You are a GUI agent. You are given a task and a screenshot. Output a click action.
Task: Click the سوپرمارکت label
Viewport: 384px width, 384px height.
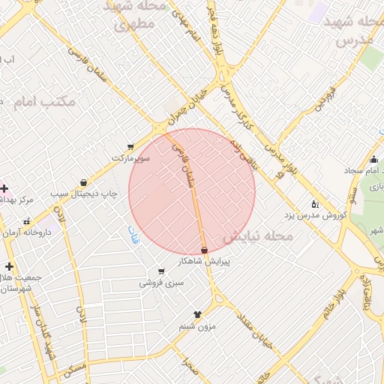click(x=131, y=158)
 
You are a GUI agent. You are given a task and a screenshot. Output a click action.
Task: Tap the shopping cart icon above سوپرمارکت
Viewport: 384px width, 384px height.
click(x=131, y=147)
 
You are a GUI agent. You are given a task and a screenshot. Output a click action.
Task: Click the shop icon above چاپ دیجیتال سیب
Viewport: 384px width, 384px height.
click(x=83, y=182)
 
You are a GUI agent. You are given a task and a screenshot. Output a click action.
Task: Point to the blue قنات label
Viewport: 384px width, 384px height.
click(x=134, y=233)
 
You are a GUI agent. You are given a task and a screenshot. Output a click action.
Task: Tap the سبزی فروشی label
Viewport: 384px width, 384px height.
click(x=160, y=283)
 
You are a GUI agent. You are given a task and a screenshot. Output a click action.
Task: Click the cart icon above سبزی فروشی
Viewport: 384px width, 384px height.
click(x=160, y=271)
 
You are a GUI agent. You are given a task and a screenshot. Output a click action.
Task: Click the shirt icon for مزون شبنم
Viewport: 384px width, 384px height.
click(x=198, y=315)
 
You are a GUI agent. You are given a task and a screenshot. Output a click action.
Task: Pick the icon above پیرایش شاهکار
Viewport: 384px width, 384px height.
click(x=204, y=250)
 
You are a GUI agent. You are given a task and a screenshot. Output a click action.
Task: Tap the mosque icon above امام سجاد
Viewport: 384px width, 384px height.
click(x=373, y=159)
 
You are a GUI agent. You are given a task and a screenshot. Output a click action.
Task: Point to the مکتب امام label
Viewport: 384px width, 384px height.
click(x=44, y=101)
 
